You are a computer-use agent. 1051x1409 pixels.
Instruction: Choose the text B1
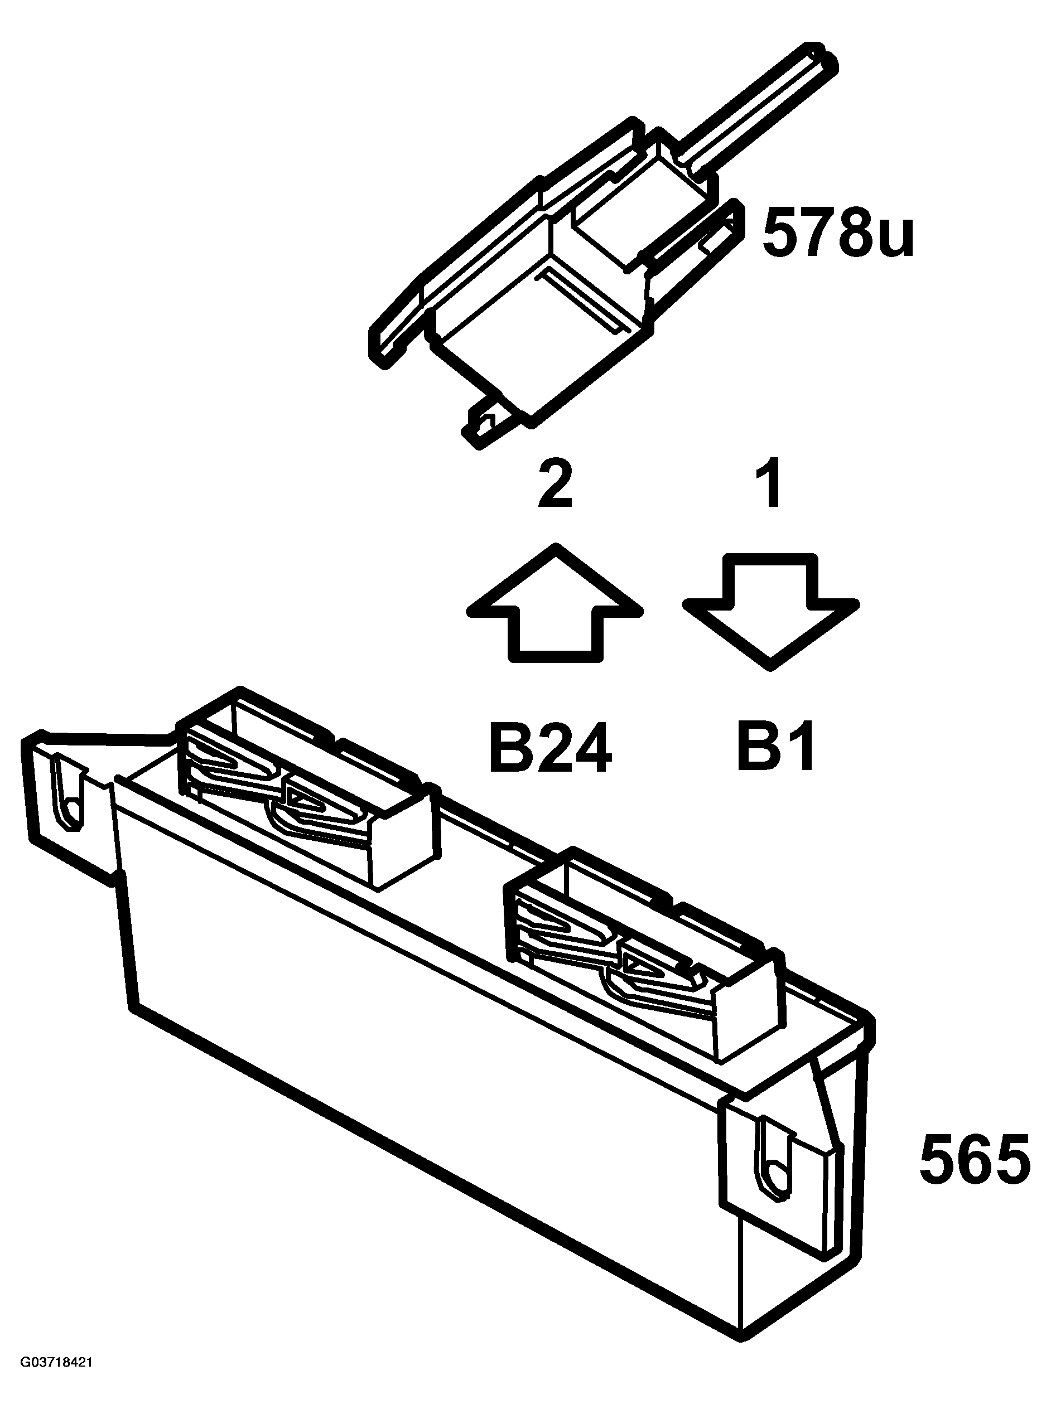775,747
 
